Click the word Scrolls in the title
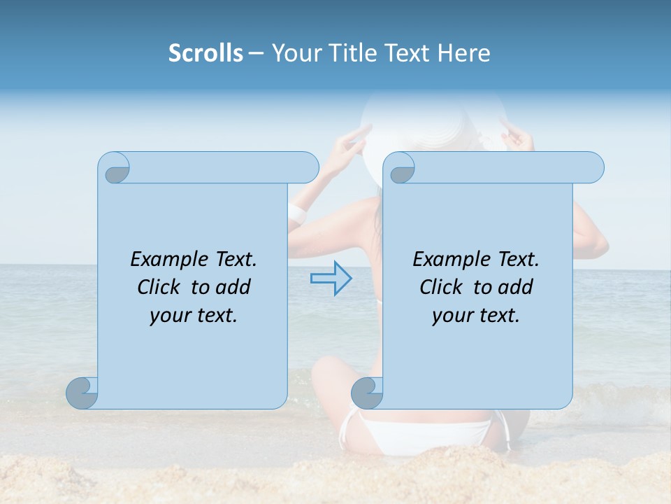(x=205, y=53)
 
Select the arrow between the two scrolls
(x=331, y=279)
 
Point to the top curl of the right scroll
(x=402, y=169)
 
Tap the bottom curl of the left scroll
(x=82, y=393)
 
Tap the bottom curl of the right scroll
(x=367, y=393)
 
